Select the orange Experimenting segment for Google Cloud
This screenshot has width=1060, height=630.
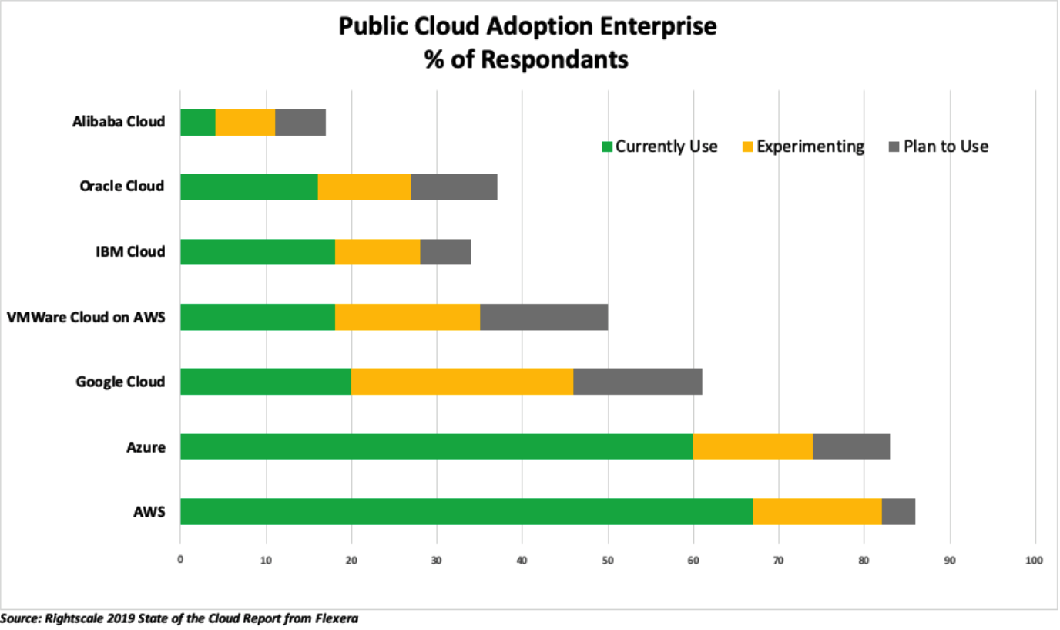tap(462, 382)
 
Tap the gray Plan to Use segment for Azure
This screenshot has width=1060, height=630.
tap(851, 446)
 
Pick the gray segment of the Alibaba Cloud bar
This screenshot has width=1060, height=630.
tap(300, 123)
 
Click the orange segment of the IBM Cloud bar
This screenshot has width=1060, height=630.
tap(377, 252)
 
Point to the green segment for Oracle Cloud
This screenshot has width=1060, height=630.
tap(249, 187)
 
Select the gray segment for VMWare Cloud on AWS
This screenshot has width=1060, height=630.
tap(544, 317)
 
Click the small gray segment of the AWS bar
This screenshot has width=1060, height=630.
tap(898, 511)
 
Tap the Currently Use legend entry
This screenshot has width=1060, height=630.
tap(659, 147)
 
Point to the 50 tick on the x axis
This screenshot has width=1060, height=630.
tap(608, 560)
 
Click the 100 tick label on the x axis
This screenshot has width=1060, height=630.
tap(1035, 560)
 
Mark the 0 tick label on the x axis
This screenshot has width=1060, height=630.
tap(180, 560)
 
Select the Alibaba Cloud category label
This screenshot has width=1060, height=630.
tap(119, 122)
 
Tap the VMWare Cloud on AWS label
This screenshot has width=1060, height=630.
tap(86, 317)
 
